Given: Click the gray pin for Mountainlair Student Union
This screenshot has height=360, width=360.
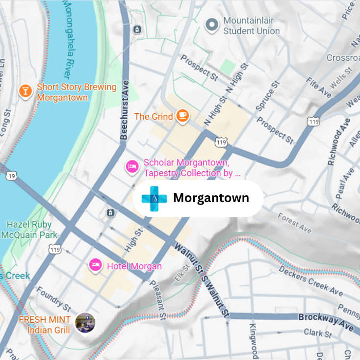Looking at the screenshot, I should [x=211, y=25].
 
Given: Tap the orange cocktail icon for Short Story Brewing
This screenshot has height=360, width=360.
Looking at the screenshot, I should [x=25, y=91].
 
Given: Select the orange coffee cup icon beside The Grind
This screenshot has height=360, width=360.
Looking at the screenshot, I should [x=182, y=116].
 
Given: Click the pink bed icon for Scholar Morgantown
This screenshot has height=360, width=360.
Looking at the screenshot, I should [x=131, y=167].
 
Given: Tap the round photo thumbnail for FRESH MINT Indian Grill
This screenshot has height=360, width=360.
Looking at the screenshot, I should [x=85, y=323].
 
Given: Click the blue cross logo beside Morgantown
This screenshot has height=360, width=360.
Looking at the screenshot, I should [x=154, y=198].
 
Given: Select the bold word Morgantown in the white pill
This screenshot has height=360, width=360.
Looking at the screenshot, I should [x=211, y=198].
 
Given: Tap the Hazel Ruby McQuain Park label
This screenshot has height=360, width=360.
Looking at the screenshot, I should [x=29, y=230].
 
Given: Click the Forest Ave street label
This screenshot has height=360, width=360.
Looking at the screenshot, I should [x=294, y=223].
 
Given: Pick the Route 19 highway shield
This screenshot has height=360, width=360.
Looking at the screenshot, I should [x=11, y=175].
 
